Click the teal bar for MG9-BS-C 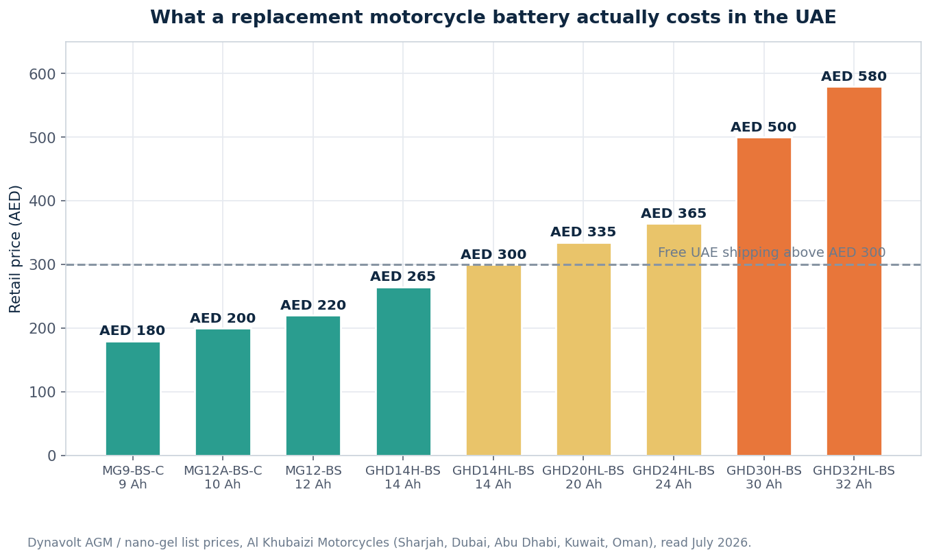pyautogui.click(x=133, y=399)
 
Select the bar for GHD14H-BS pyautogui.click(x=404, y=372)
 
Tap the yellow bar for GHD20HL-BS pyautogui.click(x=584, y=349)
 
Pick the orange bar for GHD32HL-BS pyautogui.click(x=854, y=271)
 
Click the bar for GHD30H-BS pyautogui.click(x=764, y=297)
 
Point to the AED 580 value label pyautogui.click(x=854, y=76)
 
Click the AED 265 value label pyautogui.click(x=403, y=276)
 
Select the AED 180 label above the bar pyautogui.click(x=132, y=331)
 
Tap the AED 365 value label pyautogui.click(x=674, y=213)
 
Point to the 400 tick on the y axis pyautogui.click(x=42, y=201)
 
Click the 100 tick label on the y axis pyautogui.click(x=42, y=392)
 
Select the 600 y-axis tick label pyautogui.click(x=42, y=75)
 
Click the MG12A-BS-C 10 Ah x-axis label pyautogui.click(x=223, y=477)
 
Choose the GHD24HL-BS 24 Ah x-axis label pyautogui.click(x=674, y=477)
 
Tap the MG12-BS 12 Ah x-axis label pyautogui.click(x=313, y=477)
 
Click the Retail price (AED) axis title pyautogui.click(x=15, y=249)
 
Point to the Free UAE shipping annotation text pyautogui.click(x=772, y=252)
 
